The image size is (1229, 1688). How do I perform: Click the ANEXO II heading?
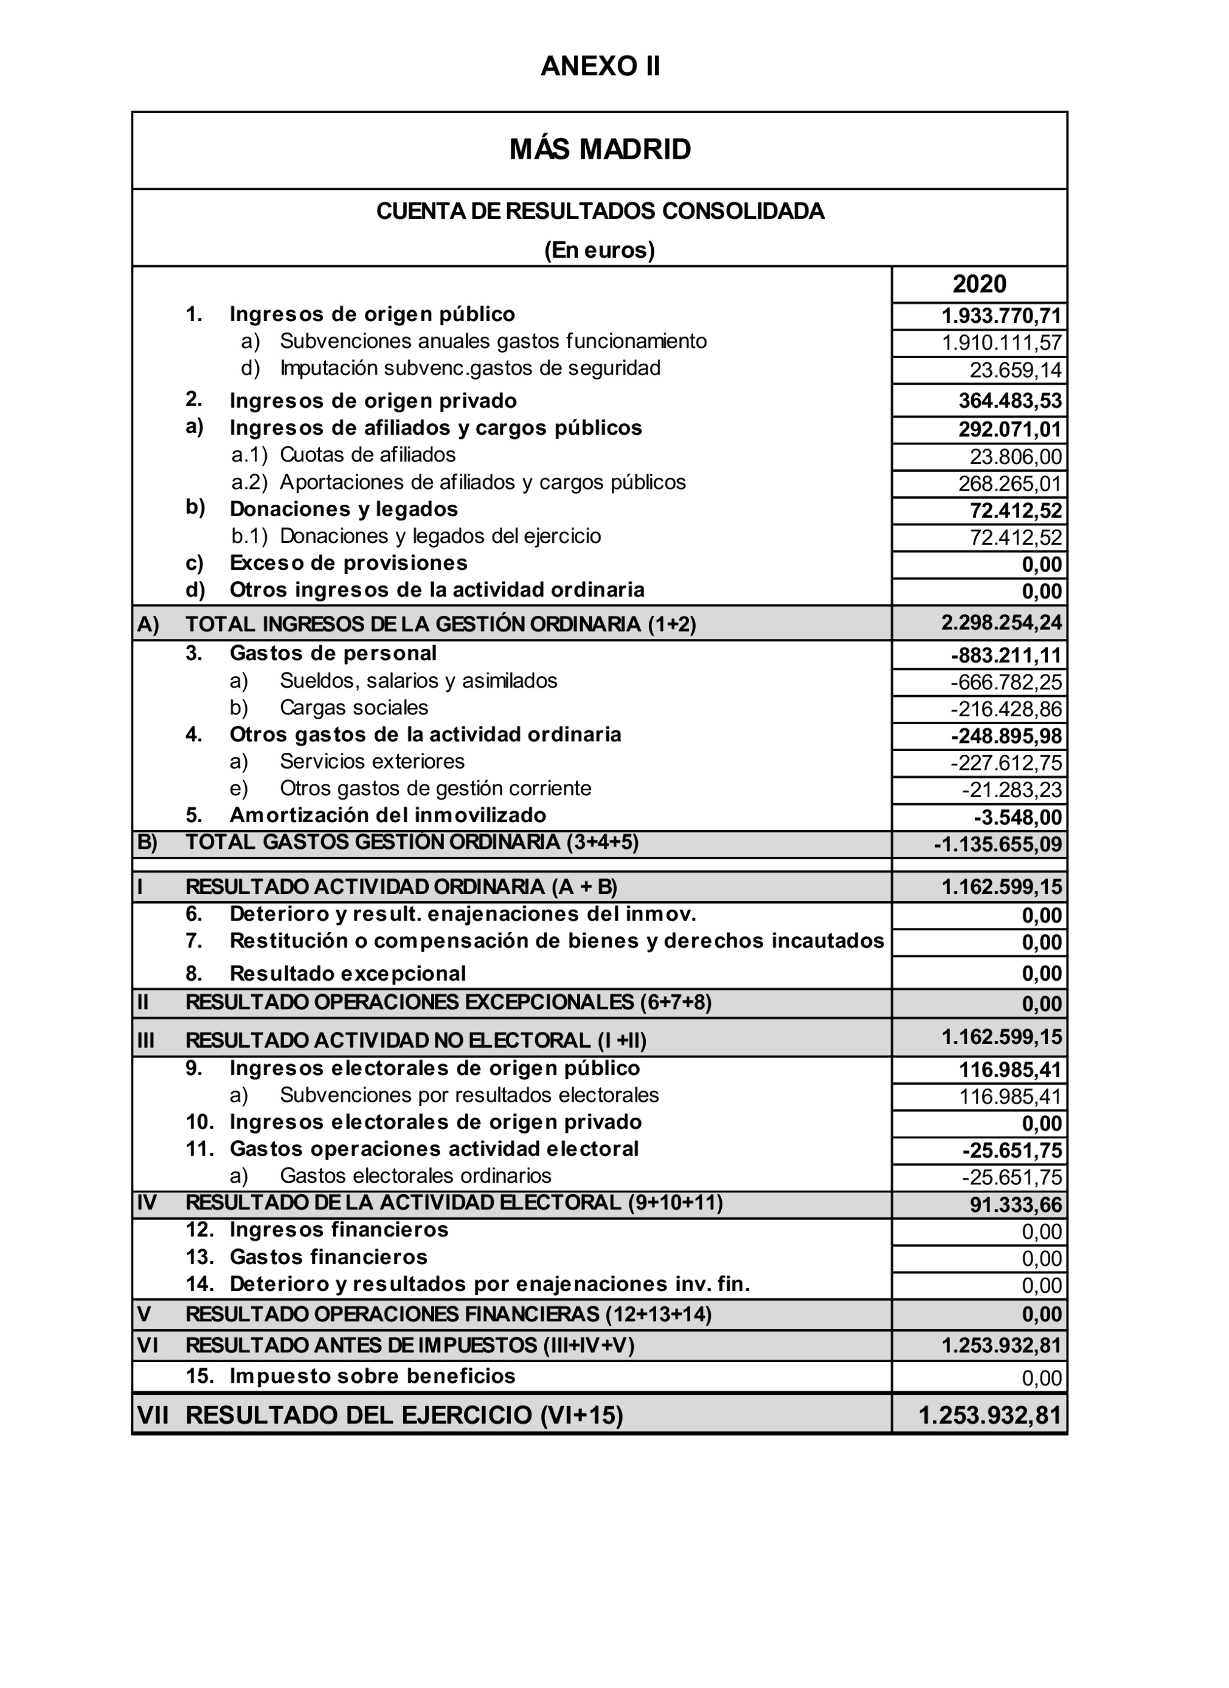600,66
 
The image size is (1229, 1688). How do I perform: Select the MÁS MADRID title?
600,150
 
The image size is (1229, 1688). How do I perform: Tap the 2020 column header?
979,285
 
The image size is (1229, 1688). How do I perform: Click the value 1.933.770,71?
1001,316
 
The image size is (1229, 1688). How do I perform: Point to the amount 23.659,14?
1016,370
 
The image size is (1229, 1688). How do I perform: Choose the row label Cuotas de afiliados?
368,455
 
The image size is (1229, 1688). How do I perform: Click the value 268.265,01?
1009,484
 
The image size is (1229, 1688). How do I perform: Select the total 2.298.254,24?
1001,622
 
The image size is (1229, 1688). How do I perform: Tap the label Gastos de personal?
333,654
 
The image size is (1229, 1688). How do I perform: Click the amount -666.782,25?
1006,682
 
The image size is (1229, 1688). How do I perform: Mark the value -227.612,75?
1006,763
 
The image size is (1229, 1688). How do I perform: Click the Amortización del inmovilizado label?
387,815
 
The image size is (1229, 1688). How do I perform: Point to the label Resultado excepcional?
348,974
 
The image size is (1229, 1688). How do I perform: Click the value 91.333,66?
1016,1205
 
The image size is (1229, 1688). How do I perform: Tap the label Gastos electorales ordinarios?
415,1176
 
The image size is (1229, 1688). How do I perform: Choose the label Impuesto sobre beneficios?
372,1376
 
